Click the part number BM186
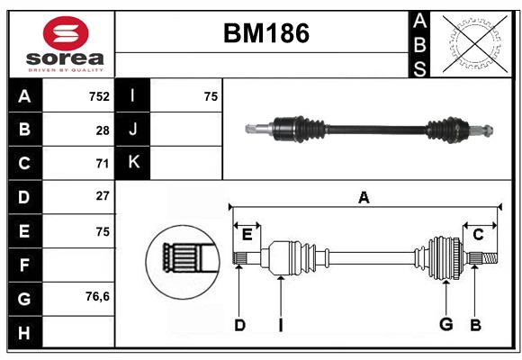pos(265,34)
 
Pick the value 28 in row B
pos(103,130)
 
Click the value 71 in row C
pos(103,163)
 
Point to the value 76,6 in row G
pos(97,296)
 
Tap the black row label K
pos(133,163)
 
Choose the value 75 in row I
pos(211,96)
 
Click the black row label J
pos(133,130)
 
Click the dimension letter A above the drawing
pos(364,197)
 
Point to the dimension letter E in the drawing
pos(247,235)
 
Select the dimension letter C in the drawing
pos(478,235)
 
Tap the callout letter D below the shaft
pos(239,325)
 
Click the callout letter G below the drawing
pos(445,325)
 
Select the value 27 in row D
pos(103,196)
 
